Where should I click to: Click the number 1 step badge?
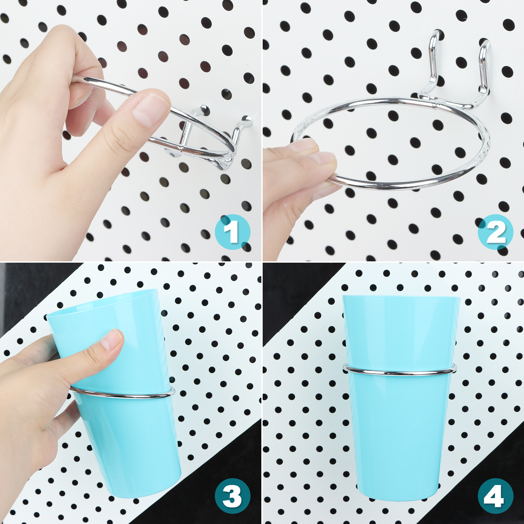[x=233, y=232]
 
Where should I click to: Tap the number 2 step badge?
[x=496, y=232]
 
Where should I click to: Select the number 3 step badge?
[x=233, y=496]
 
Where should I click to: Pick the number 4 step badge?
[x=496, y=496]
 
